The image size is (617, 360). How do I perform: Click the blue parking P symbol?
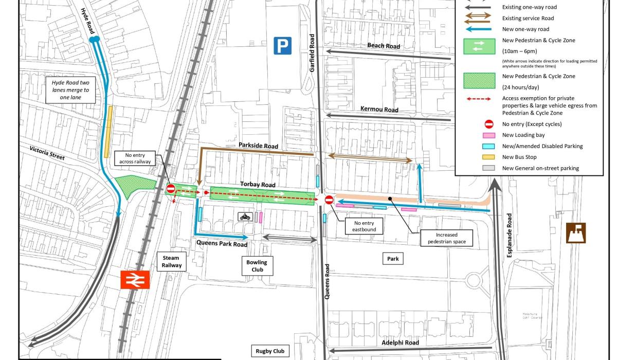tap(282, 45)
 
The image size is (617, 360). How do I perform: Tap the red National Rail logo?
tap(135, 279)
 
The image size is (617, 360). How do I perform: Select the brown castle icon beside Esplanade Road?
tap(575, 233)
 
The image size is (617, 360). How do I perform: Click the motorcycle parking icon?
tap(245, 217)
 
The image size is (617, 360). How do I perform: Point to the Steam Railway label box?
tap(172, 261)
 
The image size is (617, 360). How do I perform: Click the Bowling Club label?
tap(257, 266)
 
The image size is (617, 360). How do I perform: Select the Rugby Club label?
tap(270, 351)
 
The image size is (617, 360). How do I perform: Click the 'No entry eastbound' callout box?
tap(364, 226)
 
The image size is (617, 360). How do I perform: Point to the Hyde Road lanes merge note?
tap(70, 89)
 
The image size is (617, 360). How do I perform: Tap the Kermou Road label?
tap(379, 110)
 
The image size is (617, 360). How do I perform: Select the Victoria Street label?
tap(47, 153)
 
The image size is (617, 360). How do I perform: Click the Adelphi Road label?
tap(400, 343)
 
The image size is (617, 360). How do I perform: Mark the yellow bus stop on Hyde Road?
tap(107, 131)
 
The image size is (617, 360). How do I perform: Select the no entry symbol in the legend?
tap(489, 124)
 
